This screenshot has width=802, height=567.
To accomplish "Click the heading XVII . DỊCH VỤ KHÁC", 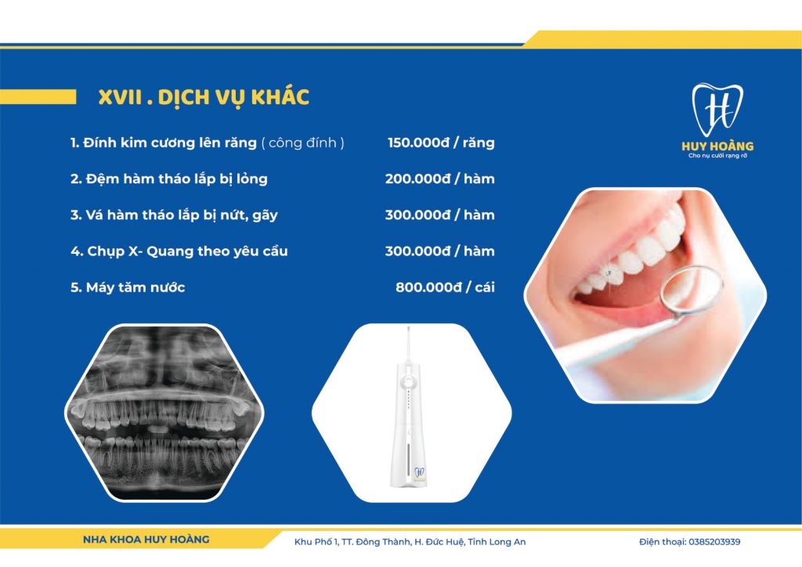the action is coord(204,97).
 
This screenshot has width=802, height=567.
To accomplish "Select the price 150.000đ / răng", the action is coord(441,143).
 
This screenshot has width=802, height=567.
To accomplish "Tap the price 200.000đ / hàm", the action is coord(440,179).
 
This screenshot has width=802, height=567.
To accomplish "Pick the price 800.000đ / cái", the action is coord(445,287).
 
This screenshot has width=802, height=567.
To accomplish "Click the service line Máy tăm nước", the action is coord(128,287).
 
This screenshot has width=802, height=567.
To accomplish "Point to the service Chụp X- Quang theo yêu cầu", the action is coord(179,251).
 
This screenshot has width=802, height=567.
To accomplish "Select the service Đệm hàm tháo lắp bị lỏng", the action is coord(169,179).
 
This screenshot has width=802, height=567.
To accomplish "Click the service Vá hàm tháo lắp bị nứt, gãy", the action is coord(174,215).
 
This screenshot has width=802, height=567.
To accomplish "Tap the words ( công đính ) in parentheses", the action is coord(303,143).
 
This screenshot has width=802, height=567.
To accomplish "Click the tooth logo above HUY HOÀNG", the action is coord(717,110).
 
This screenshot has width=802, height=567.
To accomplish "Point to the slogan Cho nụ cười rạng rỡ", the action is coord(717,155).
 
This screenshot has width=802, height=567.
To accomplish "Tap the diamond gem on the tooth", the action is coord(608,273).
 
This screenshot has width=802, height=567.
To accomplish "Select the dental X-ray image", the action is coord(164,413).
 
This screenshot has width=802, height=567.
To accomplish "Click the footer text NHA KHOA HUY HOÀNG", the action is coord(146,540).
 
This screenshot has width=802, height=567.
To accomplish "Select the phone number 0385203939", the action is coord(714,542).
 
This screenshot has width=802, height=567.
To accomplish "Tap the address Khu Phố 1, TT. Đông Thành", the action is coord(352,542).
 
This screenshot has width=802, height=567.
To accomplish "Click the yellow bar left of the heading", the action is coord(38,96).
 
